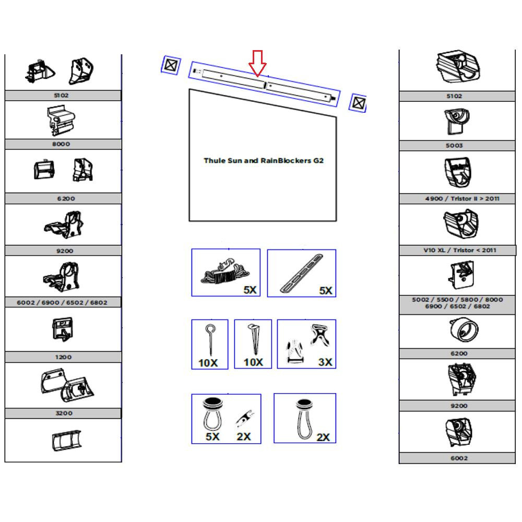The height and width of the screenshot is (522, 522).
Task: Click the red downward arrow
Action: (x=257, y=63)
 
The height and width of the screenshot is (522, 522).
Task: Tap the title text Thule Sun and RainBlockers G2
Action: (x=263, y=160)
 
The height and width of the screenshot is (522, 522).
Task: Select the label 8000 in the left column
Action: (x=61, y=144)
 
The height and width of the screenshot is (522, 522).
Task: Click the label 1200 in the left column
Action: (x=63, y=357)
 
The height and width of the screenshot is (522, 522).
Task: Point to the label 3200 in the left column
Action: (x=64, y=413)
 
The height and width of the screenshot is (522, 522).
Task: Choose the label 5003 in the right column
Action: (x=455, y=146)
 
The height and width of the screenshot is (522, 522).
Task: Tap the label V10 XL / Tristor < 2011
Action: (x=460, y=251)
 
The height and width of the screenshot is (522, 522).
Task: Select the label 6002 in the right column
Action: (x=459, y=458)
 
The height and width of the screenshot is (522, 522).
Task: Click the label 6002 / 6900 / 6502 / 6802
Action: (x=62, y=303)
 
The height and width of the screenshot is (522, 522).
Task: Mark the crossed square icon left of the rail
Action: (x=171, y=65)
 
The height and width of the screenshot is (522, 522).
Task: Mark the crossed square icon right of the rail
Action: (x=358, y=103)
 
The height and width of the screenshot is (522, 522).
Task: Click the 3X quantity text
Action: (x=325, y=362)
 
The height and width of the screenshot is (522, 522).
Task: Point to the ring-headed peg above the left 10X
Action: (x=210, y=340)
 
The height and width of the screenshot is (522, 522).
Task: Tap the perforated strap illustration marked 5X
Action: (x=302, y=274)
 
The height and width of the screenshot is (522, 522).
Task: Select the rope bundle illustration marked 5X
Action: (x=225, y=271)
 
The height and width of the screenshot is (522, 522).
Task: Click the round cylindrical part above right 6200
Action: (x=464, y=329)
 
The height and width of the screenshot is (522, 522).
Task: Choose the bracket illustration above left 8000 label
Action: (x=61, y=121)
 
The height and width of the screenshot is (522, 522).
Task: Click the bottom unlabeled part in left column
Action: (x=66, y=441)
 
